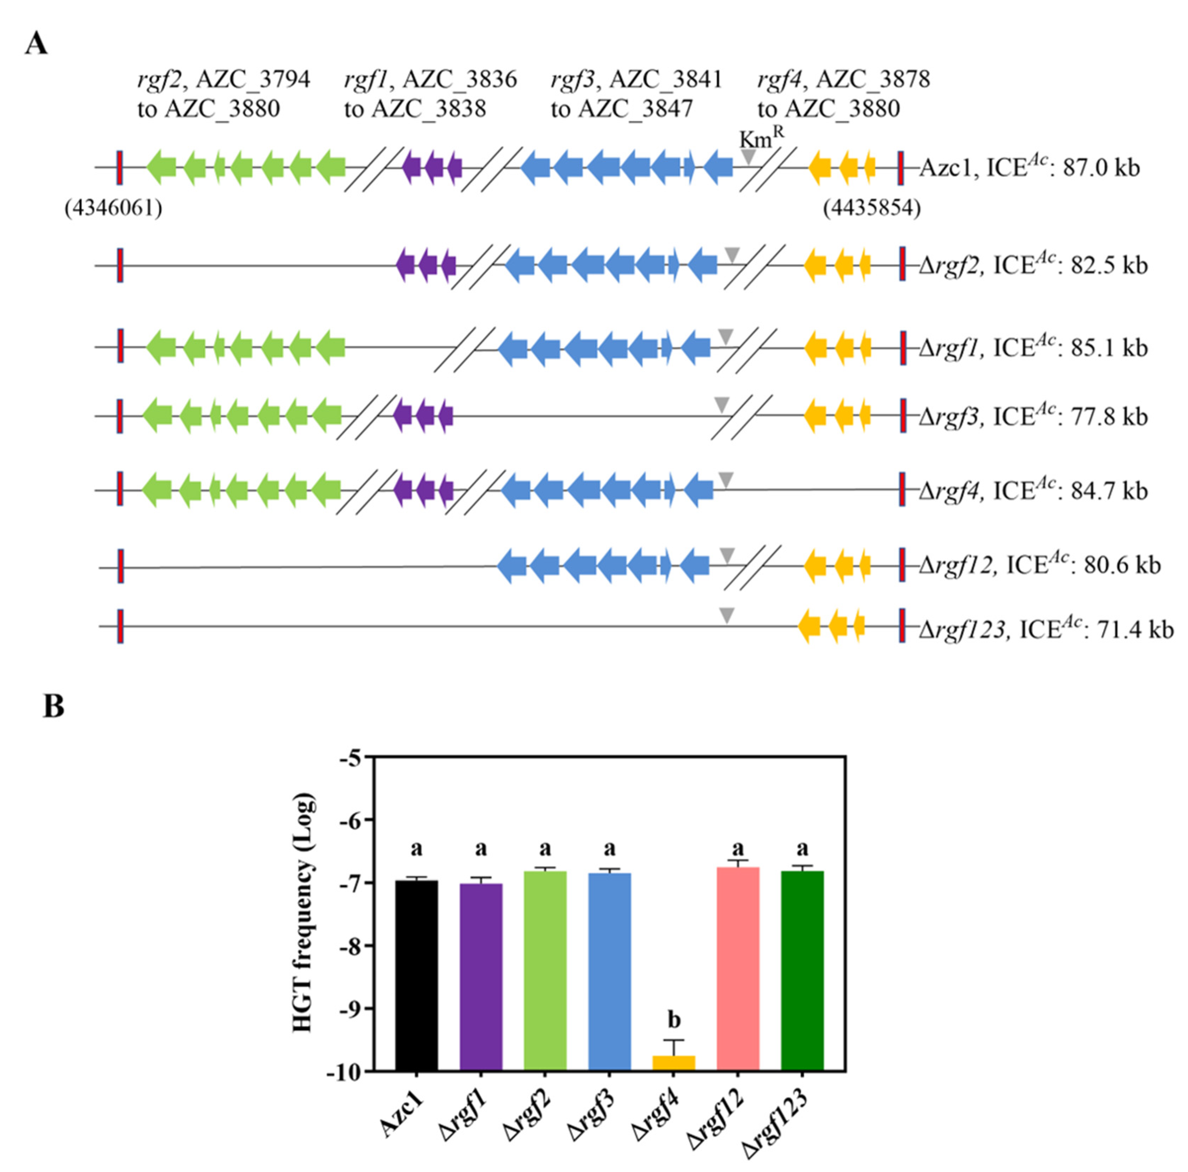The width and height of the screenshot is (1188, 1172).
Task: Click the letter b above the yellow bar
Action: pos(674,1021)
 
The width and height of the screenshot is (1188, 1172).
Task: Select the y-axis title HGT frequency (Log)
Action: pos(304,914)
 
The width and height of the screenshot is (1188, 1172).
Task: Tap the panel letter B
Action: pos(54,707)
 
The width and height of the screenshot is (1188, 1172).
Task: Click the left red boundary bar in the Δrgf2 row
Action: pos(120,266)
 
